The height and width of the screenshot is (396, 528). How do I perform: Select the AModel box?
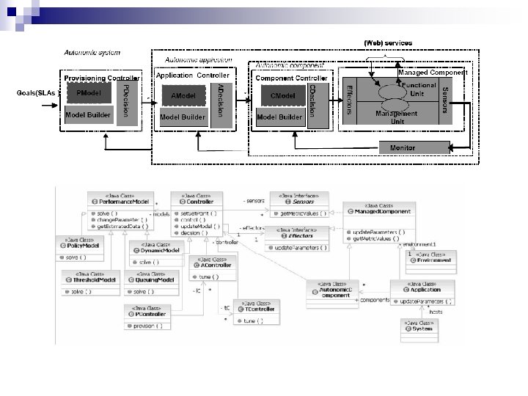(x=183, y=95)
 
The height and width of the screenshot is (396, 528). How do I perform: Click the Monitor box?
(x=402, y=148)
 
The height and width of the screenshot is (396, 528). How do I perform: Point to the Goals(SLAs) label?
(x=36, y=92)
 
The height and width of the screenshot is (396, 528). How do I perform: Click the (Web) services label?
(x=388, y=43)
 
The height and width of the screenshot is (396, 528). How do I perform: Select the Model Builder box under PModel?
(x=88, y=115)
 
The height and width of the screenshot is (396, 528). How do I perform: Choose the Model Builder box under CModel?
(x=279, y=117)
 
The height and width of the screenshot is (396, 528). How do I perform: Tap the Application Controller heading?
(x=193, y=76)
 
